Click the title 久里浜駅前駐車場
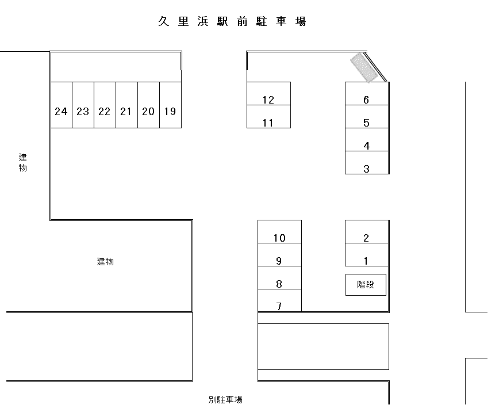pos(232,22)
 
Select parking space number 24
pos(61,105)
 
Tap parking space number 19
pos(170,105)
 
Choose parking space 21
pos(126,105)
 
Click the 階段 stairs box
pos(366,285)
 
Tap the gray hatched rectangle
pos(364,68)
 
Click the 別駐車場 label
pos(225,400)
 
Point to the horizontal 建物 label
pos(105,262)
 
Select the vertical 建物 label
pos(22,162)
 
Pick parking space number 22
pos(105,105)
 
